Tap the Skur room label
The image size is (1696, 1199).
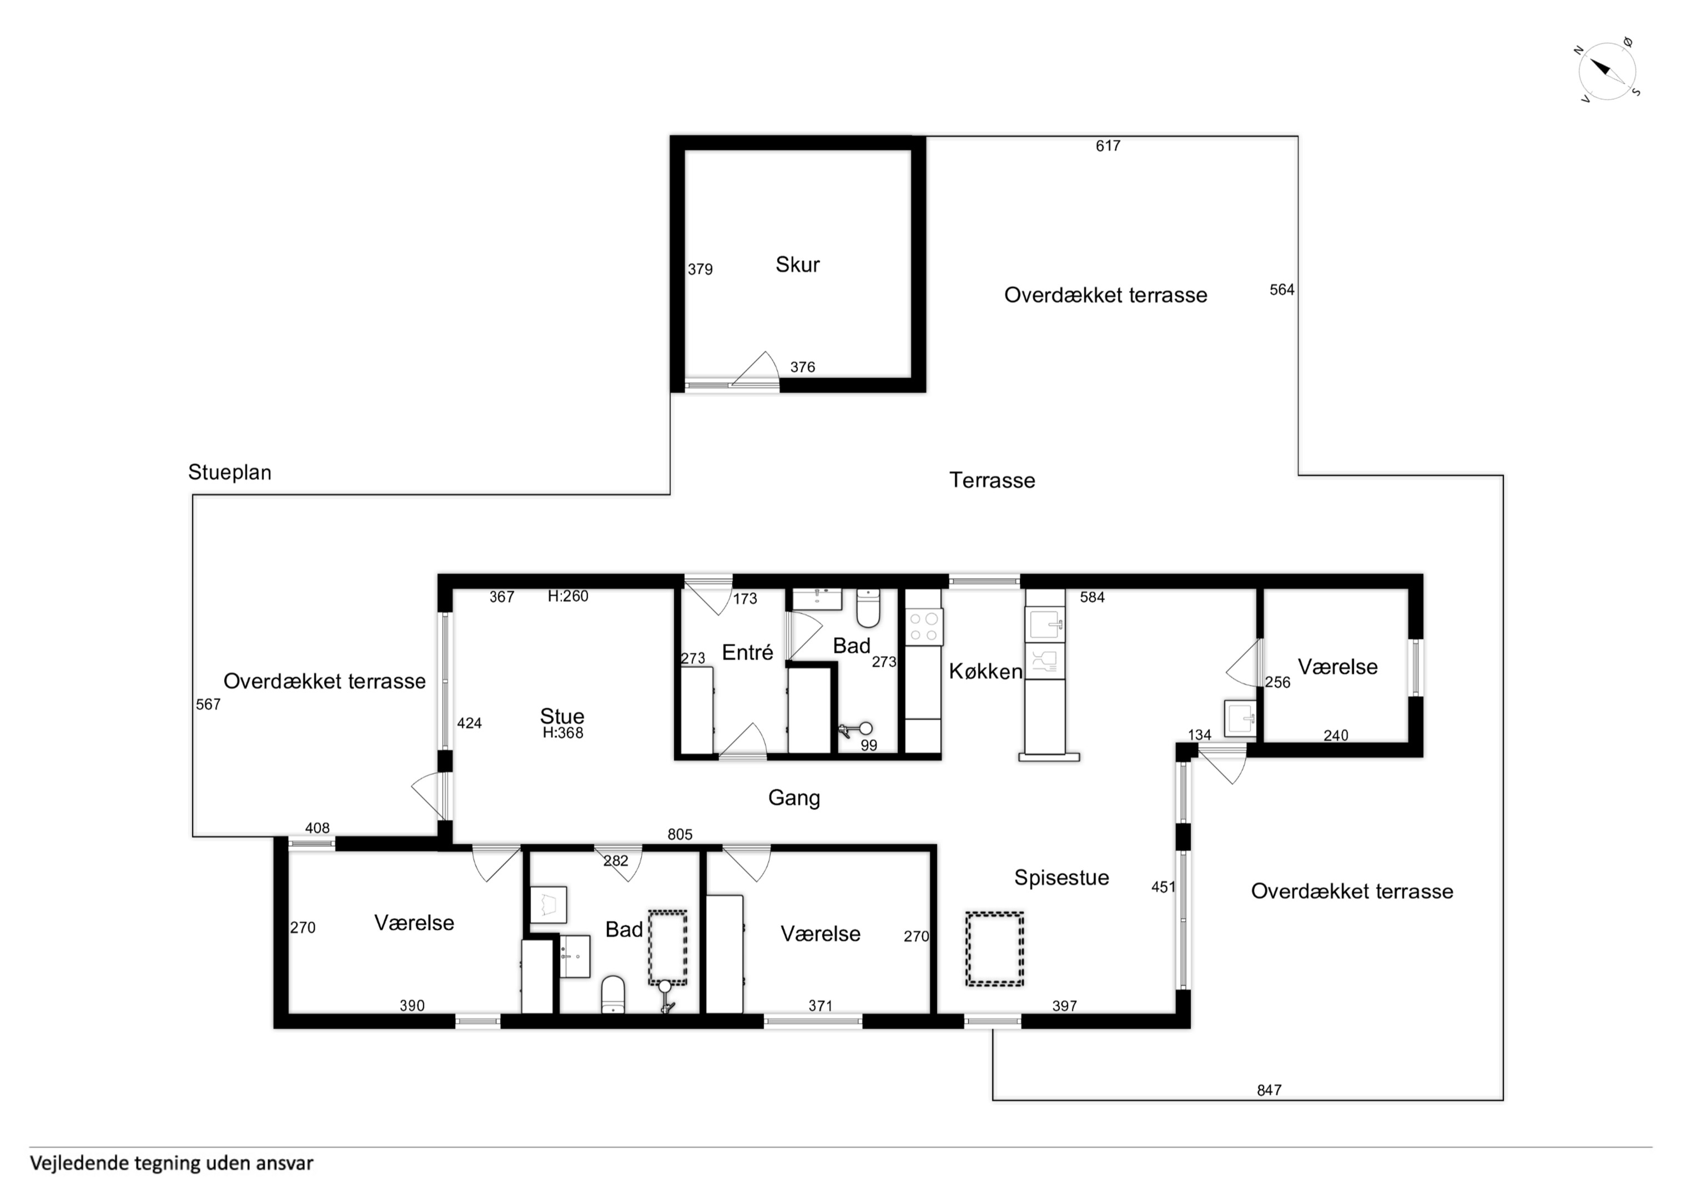[x=797, y=264]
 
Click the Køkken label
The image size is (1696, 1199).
[x=985, y=672]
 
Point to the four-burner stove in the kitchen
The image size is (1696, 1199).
[x=924, y=627]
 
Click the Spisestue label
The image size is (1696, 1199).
[x=1061, y=877]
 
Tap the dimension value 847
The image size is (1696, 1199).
[x=1269, y=1090]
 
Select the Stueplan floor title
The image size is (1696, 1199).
[x=230, y=473]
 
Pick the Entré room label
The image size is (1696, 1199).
[x=748, y=652]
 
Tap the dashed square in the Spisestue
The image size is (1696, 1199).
[x=994, y=949]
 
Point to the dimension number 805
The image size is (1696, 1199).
[x=680, y=834]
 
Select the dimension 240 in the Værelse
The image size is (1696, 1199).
[x=1336, y=735]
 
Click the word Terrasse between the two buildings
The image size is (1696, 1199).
[x=992, y=481]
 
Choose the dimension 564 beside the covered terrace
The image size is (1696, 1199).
[x=1282, y=290]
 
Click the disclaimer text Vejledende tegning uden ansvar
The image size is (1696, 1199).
[x=172, y=1163]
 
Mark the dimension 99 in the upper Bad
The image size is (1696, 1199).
[x=869, y=745]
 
